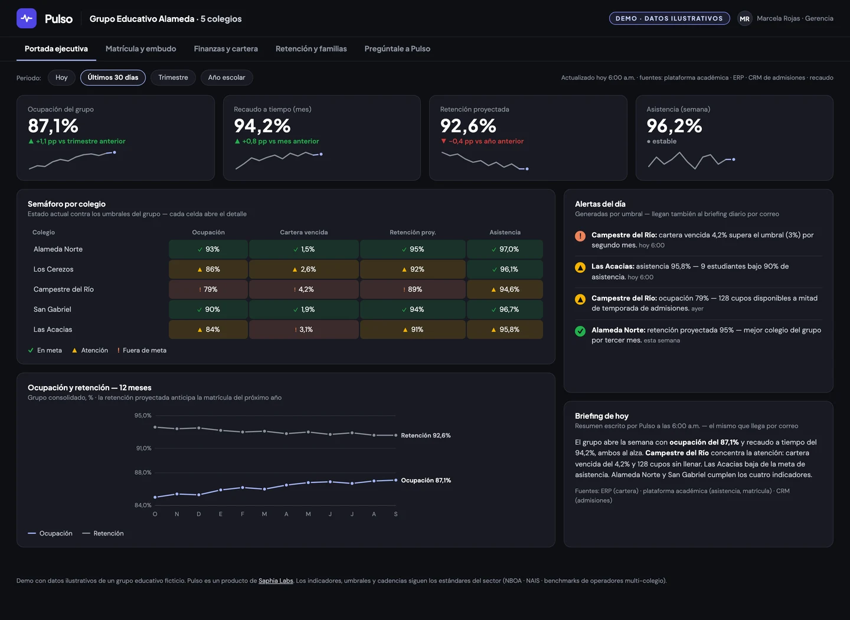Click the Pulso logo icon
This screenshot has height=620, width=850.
click(27, 18)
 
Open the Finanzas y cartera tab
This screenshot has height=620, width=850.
click(225, 48)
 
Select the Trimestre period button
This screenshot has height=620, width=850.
click(173, 77)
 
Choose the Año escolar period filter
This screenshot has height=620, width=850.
click(227, 77)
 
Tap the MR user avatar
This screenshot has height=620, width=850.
click(744, 19)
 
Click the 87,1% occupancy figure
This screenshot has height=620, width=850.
click(53, 126)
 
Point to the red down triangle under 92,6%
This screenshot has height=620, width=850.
click(443, 141)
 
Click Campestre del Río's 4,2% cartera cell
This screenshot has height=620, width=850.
click(303, 289)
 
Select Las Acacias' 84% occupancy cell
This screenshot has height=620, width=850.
click(208, 329)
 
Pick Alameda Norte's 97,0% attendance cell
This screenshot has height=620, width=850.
click(505, 249)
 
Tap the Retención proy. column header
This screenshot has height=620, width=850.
click(413, 233)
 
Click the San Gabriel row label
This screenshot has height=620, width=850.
click(53, 309)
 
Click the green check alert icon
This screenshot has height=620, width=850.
click(580, 331)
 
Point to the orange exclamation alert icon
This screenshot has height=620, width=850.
click(580, 236)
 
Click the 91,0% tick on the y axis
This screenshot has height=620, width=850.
click(143, 448)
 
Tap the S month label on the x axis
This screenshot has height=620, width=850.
click(395, 514)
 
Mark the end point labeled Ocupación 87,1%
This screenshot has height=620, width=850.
click(395, 480)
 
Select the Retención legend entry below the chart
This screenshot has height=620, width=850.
click(103, 533)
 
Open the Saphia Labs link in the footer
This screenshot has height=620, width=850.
click(276, 580)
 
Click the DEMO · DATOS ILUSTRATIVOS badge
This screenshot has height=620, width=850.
click(669, 18)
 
